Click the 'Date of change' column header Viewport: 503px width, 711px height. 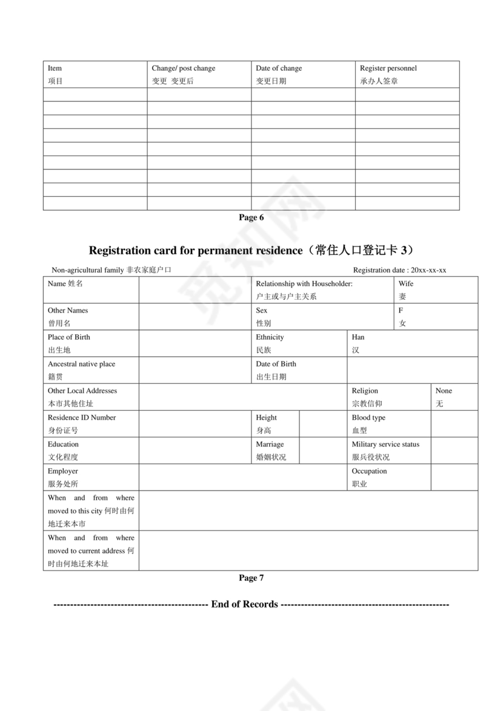click(x=279, y=68)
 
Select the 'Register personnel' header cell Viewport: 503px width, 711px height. click(x=388, y=68)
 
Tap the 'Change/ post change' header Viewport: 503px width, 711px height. click(x=183, y=68)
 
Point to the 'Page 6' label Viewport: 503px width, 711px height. click(x=251, y=218)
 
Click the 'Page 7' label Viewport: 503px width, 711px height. click(x=251, y=578)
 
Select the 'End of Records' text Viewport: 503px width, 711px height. click(x=244, y=604)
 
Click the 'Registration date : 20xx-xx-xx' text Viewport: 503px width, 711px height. click(x=399, y=270)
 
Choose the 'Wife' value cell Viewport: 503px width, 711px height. click(x=406, y=283)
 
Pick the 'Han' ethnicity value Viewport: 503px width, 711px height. click(x=358, y=337)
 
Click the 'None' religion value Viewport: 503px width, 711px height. click(x=444, y=391)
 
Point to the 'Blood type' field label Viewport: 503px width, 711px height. click(x=368, y=417)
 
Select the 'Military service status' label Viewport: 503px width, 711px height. click(x=385, y=444)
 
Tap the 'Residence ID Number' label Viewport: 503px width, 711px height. click(x=82, y=417)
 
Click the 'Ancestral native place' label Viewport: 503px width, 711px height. click(x=81, y=364)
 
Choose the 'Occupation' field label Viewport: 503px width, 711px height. click(x=369, y=471)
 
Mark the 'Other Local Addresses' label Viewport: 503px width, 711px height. click(x=82, y=391)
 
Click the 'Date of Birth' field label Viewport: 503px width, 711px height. click(x=276, y=364)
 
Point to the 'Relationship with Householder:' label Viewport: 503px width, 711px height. click(x=304, y=283)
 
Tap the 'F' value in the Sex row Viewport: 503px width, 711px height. click(x=401, y=310)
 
